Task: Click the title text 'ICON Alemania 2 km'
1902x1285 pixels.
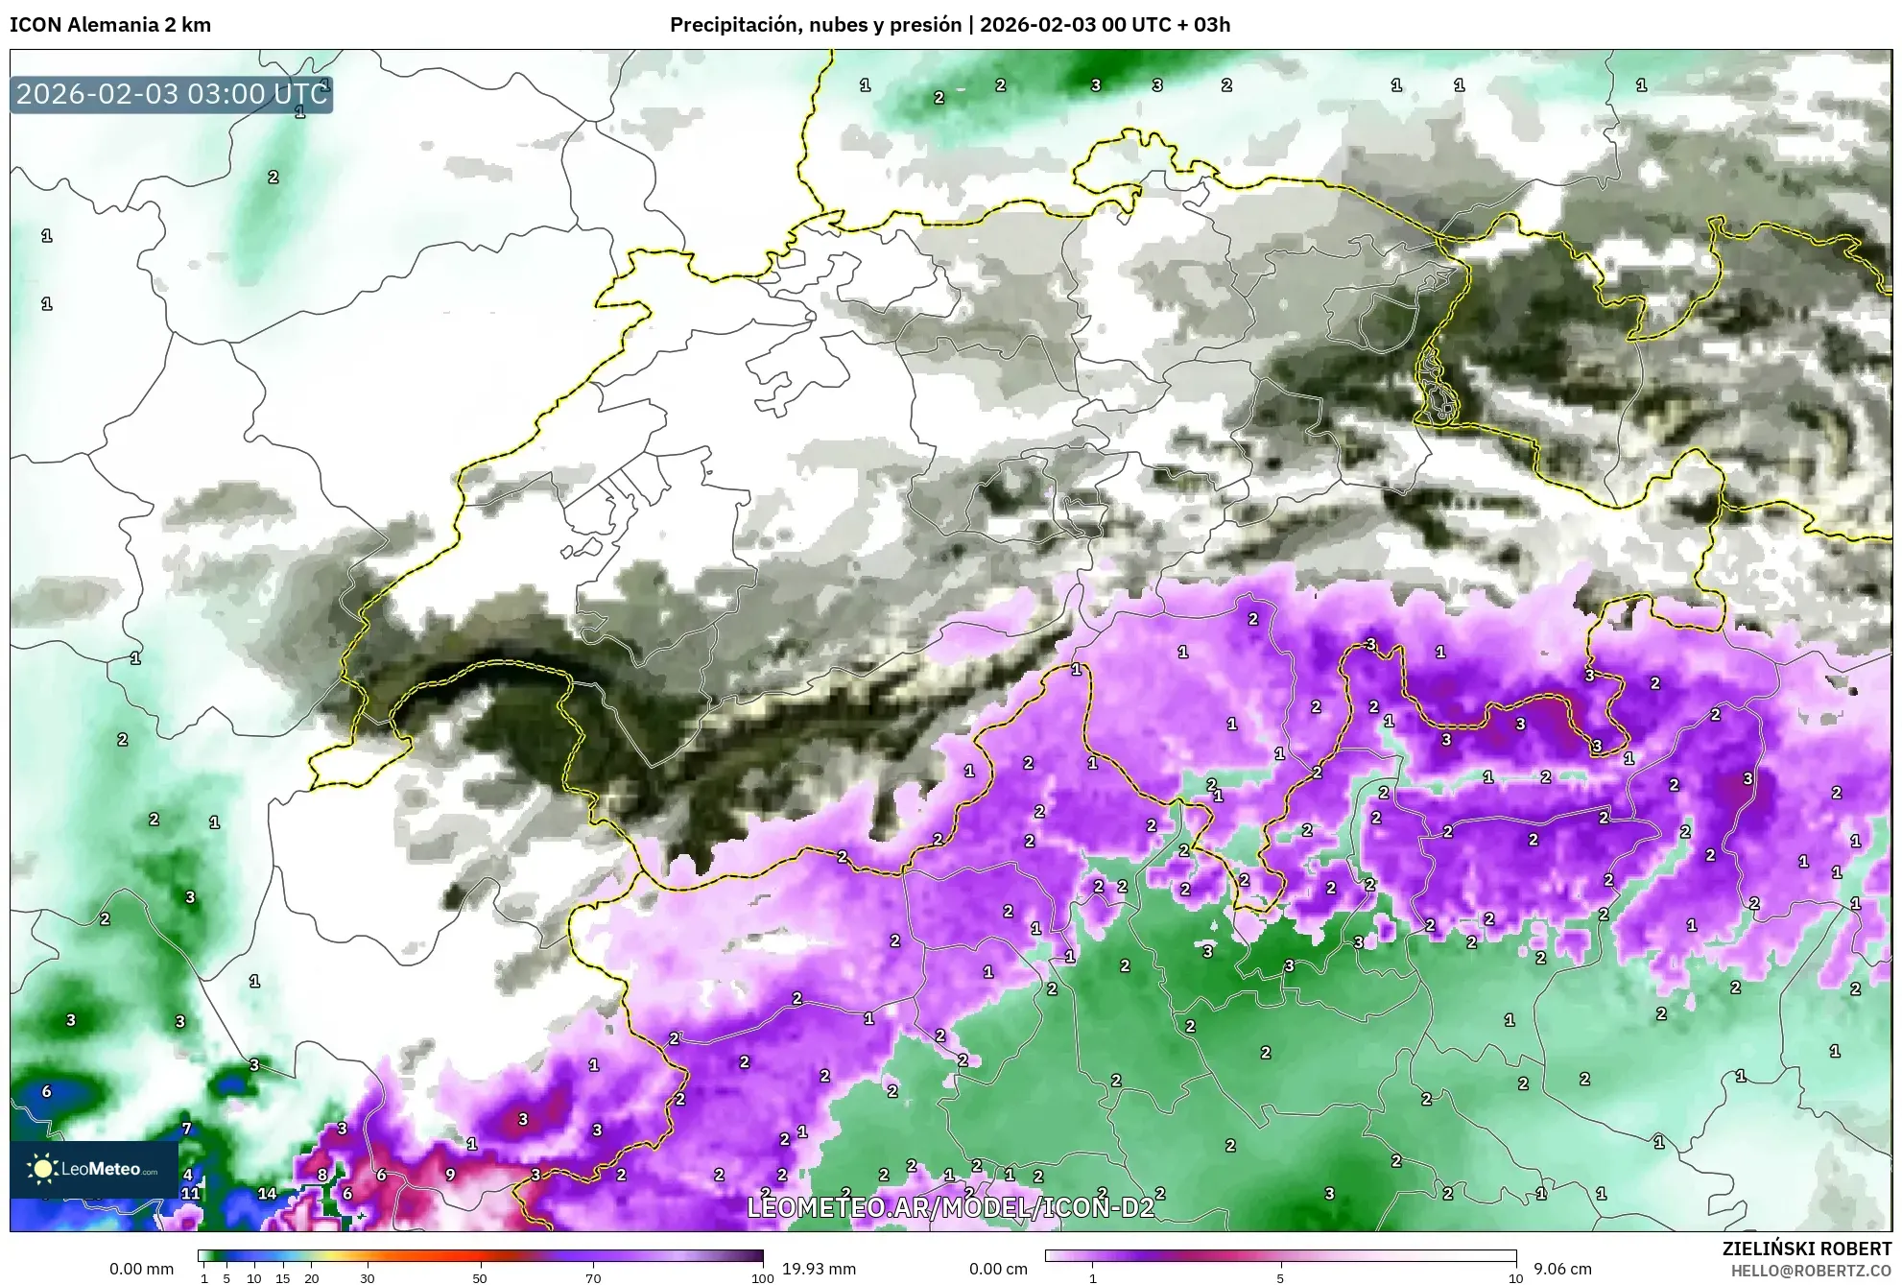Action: coord(110,25)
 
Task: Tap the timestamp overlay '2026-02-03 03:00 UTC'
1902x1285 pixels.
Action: coord(172,94)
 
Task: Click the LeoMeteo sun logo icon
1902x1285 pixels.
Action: coord(42,1168)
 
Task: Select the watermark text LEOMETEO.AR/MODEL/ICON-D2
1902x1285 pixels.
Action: coord(950,1207)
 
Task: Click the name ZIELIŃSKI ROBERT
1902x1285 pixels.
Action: coord(1806,1249)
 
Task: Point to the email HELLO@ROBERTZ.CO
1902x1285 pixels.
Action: coord(1810,1271)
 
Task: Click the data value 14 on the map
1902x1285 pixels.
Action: coord(267,1194)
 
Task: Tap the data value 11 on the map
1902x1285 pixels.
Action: coord(191,1194)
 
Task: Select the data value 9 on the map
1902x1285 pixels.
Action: coord(450,1174)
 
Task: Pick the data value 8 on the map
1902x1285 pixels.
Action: coord(322,1174)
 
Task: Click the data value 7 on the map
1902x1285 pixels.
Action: coord(187,1129)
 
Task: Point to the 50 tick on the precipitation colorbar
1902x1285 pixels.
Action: coord(480,1277)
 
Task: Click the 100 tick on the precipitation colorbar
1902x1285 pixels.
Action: coord(762,1277)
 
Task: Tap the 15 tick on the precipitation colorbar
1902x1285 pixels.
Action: coord(282,1277)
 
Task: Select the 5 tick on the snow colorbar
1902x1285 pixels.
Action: coord(1280,1277)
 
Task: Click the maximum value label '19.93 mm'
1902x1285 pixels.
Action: coord(819,1269)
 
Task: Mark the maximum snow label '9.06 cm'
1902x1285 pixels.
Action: coord(1562,1269)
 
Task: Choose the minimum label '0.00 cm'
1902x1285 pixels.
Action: coord(998,1269)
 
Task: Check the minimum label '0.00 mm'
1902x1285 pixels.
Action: coord(141,1269)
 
